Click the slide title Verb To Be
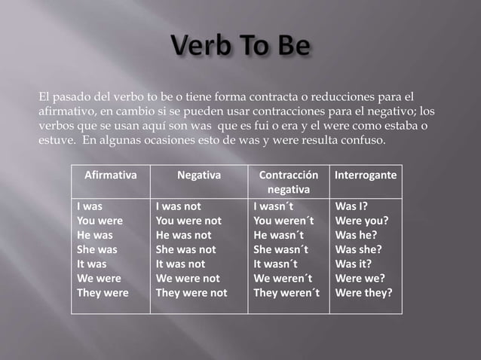coord(240,47)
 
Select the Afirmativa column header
coord(110,175)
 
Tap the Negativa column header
coord(199,175)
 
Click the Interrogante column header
coord(366,175)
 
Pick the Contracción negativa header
coord(289,182)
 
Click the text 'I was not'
coord(179,206)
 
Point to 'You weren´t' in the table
coord(283,221)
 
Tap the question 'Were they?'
coord(364,293)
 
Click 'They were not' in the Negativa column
coord(191,293)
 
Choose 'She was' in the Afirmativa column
coord(97,249)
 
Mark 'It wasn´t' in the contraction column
coord(276,264)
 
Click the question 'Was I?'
coord(352,206)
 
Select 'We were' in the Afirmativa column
coord(99,279)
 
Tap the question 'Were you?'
coord(362,221)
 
